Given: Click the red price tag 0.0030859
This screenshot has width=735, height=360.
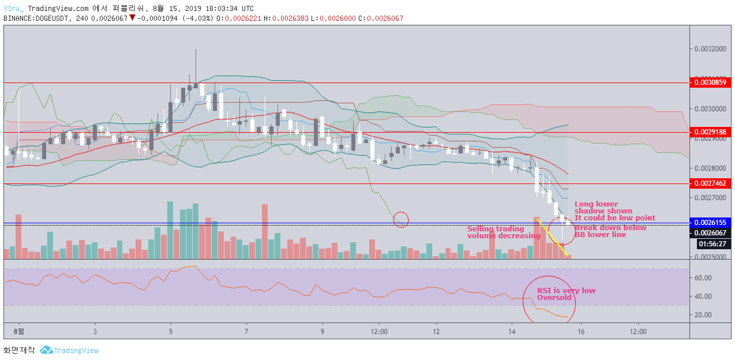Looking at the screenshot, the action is click(710, 82).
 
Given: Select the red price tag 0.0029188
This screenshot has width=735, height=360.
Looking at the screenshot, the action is click(710, 132).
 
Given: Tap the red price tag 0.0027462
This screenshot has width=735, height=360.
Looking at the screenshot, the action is click(710, 183).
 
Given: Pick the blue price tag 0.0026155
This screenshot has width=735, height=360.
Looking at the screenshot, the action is click(710, 223).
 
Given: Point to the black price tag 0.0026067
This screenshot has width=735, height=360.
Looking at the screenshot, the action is click(710, 233).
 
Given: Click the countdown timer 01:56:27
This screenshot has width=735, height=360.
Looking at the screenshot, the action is click(712, 244).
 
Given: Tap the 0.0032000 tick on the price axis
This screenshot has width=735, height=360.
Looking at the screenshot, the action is click(710, 49).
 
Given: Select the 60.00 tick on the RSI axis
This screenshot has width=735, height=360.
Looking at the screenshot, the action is click(703, 278).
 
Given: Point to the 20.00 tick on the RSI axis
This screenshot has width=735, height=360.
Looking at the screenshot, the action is click(703, 315).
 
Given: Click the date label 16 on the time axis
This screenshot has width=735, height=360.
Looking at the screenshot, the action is click(581, 332).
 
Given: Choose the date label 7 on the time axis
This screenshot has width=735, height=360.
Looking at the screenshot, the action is click(246, 332).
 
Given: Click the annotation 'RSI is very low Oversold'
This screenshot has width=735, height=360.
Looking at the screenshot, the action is click(566, 294).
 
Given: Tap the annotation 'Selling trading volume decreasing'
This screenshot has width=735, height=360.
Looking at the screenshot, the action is click(504, 232).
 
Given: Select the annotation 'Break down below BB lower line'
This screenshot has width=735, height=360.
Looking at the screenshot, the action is click(610, 231).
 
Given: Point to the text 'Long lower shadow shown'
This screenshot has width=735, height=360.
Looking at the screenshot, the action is click(603, 207).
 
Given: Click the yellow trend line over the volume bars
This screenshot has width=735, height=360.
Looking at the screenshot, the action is click(552, 237).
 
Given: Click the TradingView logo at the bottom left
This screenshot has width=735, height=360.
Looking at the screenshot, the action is click(69, 350).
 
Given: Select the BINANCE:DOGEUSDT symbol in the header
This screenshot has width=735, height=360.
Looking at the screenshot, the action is click(36, 18).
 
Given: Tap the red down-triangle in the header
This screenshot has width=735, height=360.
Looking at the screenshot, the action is click(132, 18).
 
